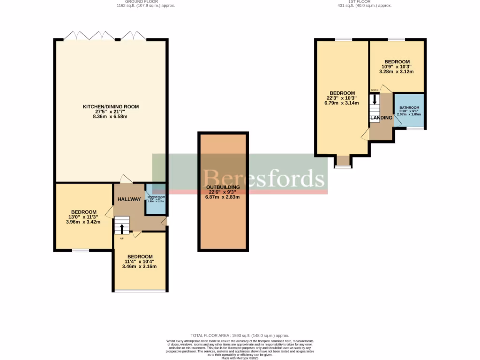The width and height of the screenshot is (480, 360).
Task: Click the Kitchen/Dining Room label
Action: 111,106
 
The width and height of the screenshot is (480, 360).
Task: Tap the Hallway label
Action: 129,199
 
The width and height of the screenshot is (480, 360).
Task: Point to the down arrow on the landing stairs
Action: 375,100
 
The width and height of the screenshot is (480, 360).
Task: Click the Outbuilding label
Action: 223,187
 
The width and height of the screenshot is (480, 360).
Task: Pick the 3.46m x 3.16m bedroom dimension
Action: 139,266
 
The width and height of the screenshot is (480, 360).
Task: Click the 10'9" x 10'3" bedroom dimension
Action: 397,67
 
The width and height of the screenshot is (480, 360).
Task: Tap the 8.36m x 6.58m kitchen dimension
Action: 111,116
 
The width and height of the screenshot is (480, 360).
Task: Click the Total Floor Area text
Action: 240,336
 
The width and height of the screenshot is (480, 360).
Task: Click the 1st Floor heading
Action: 364,2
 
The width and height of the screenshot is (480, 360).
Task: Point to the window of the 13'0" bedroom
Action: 80,250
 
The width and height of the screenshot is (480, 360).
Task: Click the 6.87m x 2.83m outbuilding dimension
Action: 223,197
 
